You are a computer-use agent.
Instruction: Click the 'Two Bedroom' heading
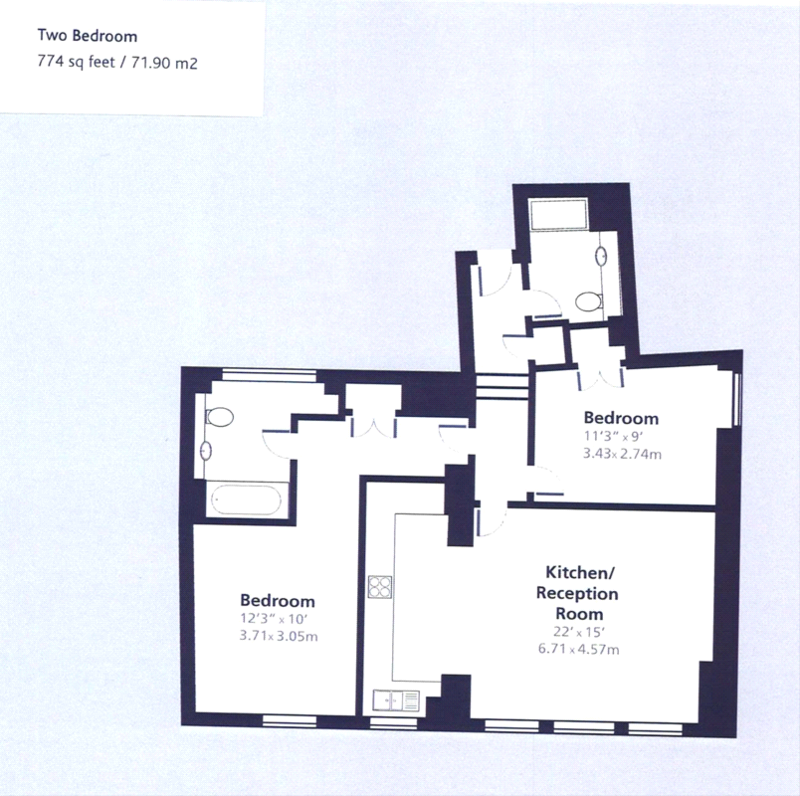[88, 36]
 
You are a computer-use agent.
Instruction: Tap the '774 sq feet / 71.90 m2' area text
[117, 63]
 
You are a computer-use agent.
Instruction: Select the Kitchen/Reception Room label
[577, 592]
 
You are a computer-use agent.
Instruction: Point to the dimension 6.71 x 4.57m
[578, 649]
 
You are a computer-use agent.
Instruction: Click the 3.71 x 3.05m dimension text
[279, 636]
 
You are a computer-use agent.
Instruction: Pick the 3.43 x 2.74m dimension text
[622, 454]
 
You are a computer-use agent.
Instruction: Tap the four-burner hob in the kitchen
[380, 587]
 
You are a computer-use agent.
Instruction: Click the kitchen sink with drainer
[396, 700]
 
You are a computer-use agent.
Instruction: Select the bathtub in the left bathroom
[247, 499]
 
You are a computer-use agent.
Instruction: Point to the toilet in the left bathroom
[218, 417]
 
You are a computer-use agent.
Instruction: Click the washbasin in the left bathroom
[206, 451]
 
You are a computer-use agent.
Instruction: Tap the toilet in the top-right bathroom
[589, 301]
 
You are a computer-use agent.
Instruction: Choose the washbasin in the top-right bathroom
[602, 255]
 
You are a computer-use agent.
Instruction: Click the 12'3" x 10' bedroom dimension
[274, 619]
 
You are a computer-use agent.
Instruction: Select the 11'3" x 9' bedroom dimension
[615, 437]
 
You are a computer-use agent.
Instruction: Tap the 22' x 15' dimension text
[579, 632]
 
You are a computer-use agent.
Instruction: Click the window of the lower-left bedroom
[290, 720]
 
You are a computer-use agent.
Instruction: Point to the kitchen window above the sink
[393, 722]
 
